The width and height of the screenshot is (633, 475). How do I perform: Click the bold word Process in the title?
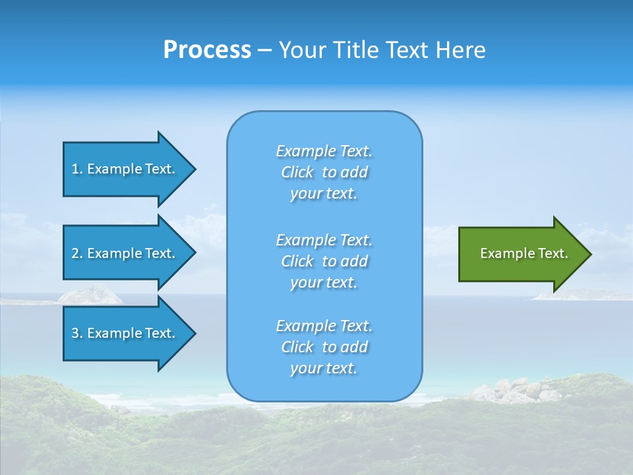207,50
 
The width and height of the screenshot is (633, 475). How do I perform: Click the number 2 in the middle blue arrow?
75,253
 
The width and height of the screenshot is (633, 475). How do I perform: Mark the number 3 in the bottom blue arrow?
75,333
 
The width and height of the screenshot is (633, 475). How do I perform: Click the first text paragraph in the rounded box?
324,172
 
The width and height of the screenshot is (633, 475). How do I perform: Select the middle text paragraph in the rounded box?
324,261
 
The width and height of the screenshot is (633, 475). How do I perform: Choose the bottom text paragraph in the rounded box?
324,347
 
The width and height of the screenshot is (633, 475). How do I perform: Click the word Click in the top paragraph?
297,172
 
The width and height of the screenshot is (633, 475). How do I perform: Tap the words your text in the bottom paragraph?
324,369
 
